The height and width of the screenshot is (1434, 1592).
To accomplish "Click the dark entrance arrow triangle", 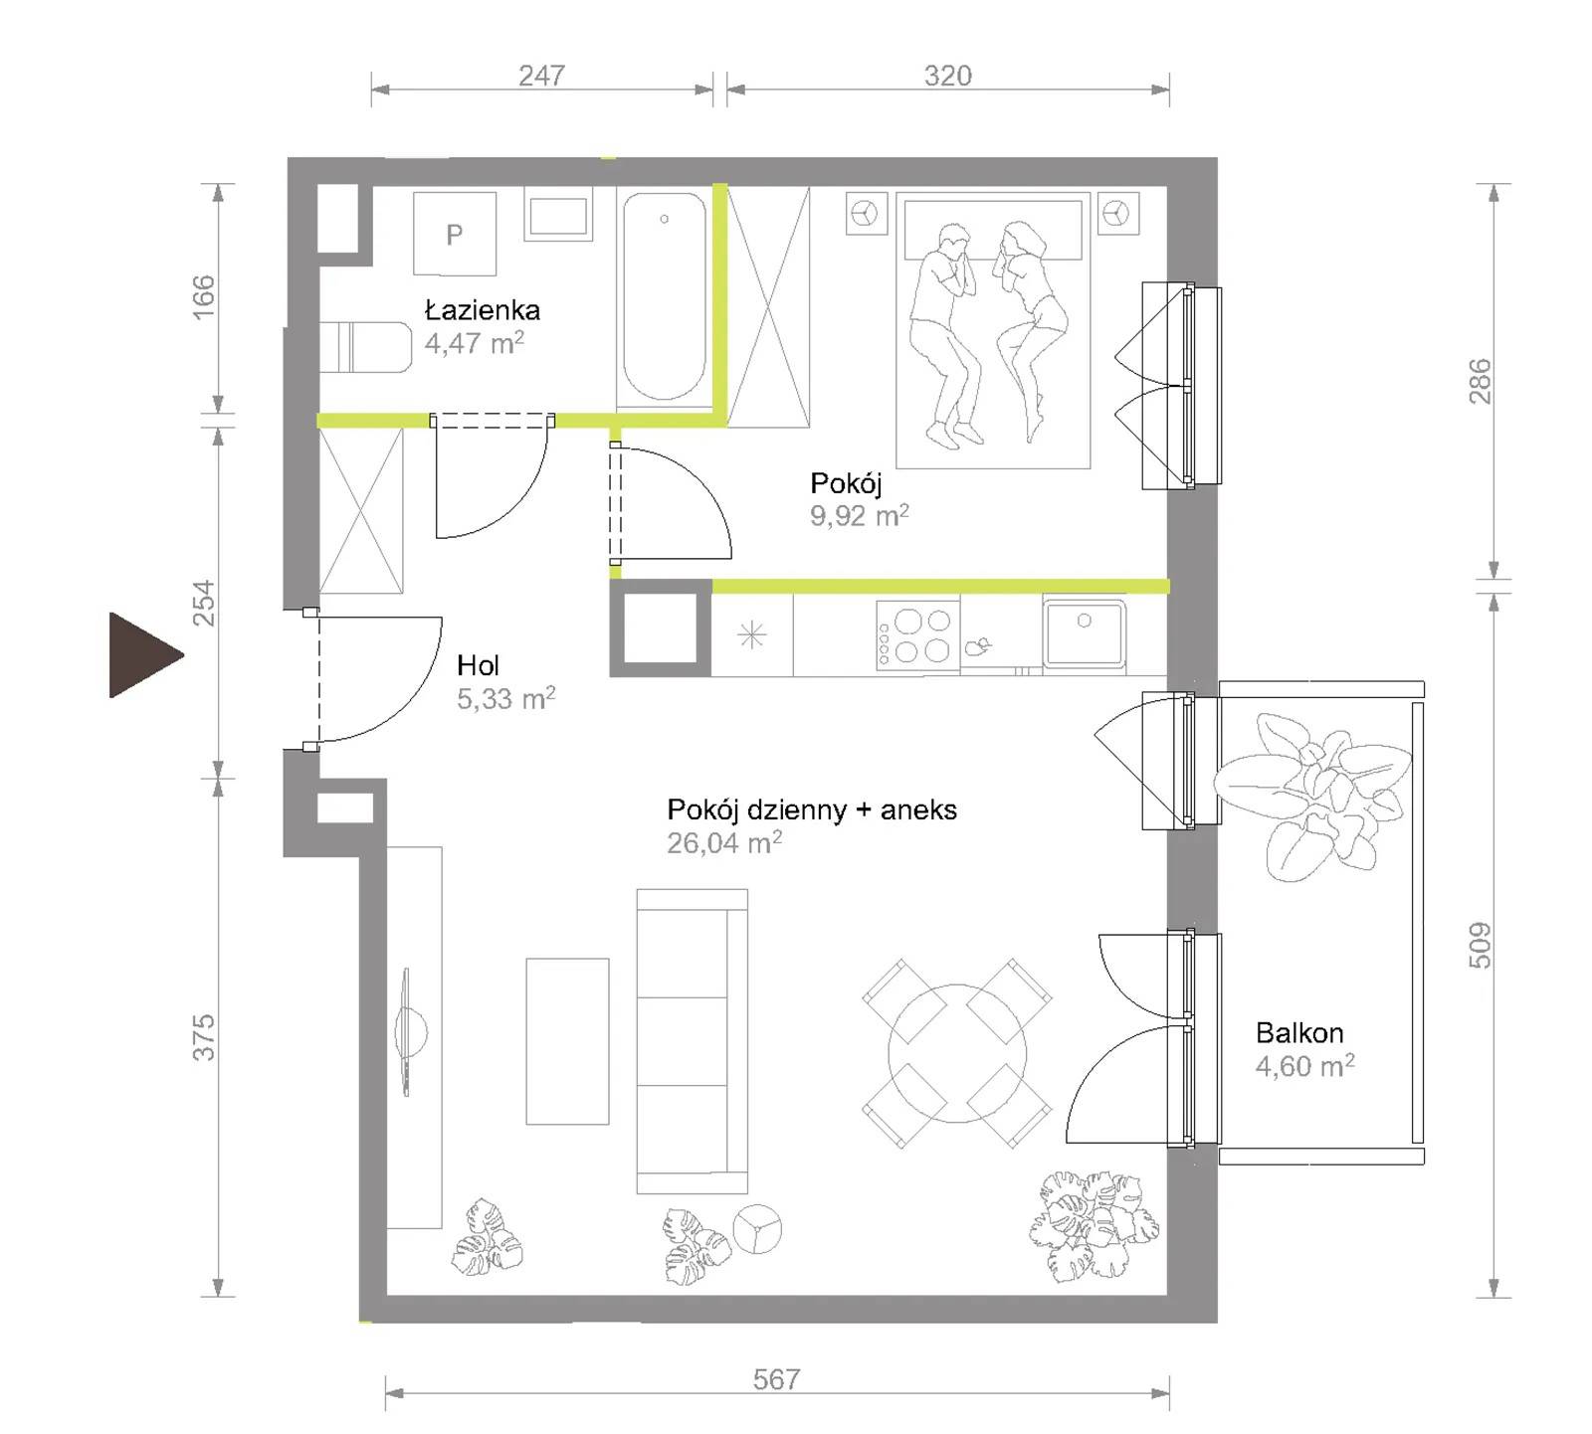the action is click(141, 654).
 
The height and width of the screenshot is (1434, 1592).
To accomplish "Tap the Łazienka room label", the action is click(483, 309).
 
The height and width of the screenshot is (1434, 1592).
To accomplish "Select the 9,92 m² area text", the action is click(860, 515).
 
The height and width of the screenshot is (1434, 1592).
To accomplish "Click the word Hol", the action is click(478, 664).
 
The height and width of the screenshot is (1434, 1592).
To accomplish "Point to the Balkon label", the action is click(1299, 1032).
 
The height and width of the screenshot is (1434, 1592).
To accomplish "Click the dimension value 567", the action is click(776, 1378).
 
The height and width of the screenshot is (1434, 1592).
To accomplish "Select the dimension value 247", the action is click(541, 76).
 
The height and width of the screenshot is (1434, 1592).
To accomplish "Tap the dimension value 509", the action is click(1480, 945).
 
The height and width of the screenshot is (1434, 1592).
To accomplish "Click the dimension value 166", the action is click(203, 296).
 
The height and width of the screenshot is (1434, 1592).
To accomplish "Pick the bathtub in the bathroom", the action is click(664, 297).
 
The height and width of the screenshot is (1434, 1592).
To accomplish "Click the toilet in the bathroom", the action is click(365, 347).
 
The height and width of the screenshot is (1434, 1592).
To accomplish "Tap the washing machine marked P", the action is click(455, 234).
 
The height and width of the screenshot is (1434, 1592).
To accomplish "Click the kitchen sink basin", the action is click(1084, 633).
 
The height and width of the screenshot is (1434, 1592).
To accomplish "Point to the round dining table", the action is click(956, 1053).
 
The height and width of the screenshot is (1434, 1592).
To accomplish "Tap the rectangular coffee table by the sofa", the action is click(567, 1041).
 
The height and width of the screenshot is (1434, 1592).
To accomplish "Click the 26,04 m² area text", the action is click(724, 842).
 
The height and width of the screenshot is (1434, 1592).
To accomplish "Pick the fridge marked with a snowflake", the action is click(752, 634).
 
